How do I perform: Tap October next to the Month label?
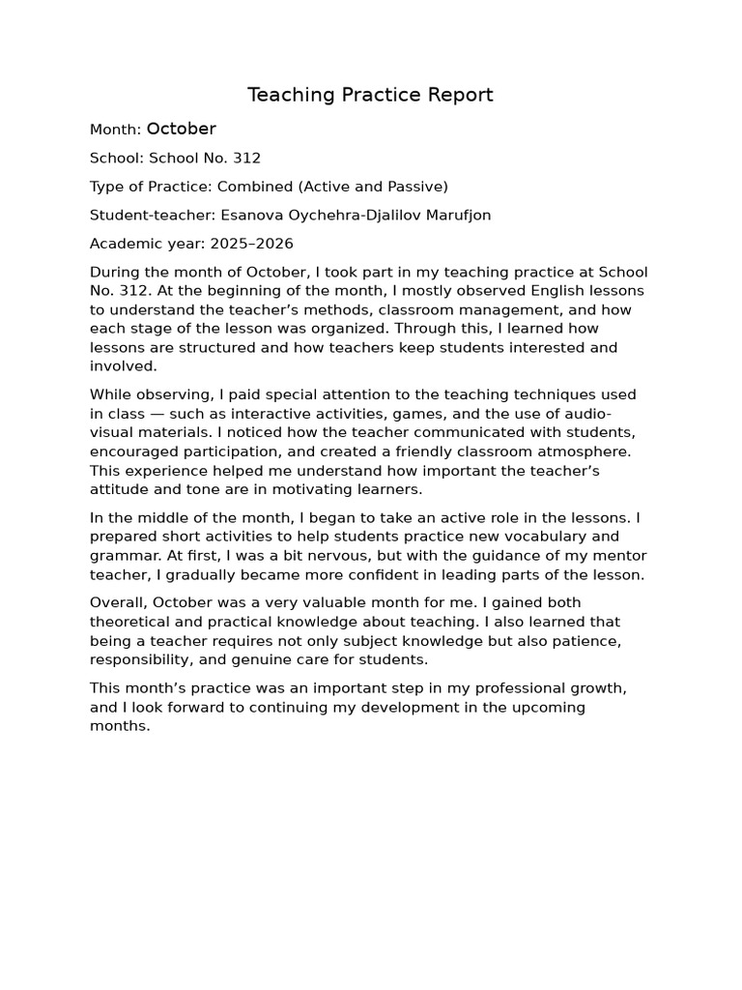point(182,129)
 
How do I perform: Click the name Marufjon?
point(456,215)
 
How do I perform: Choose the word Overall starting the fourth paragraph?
point(118,602)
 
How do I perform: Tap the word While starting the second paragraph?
point(109,394)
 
